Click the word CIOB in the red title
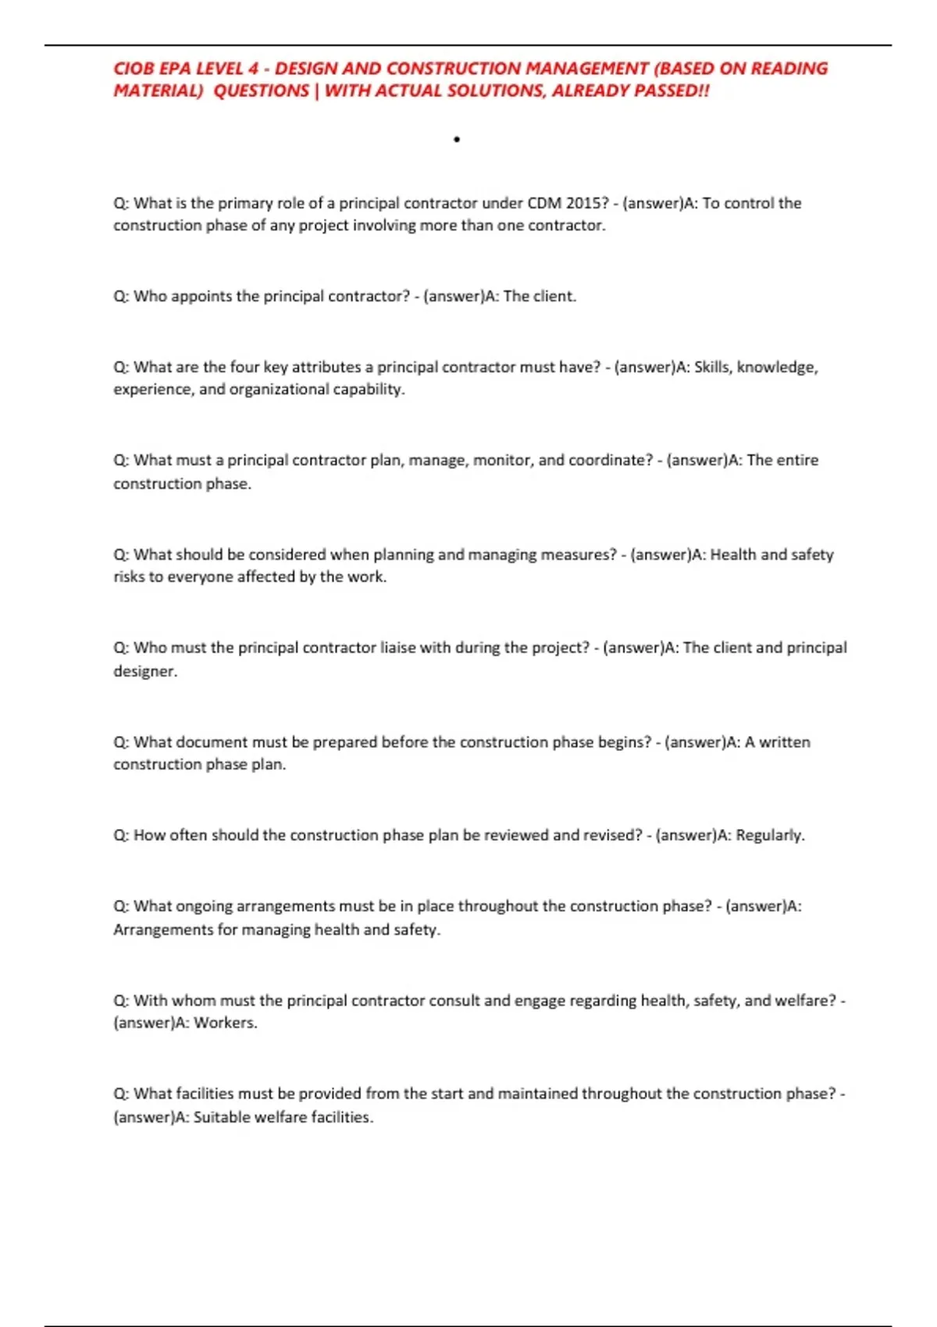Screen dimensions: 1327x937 tap(134, 69)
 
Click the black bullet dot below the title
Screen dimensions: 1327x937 tap(457, 140)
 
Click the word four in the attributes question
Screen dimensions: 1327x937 tap(244, 367)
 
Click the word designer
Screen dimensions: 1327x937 tap(144, 671)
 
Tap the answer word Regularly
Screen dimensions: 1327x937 tap(769, 835)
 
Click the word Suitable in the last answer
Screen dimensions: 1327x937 tap(222, 1117)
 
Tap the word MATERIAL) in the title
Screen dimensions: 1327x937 tap(158, 91)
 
